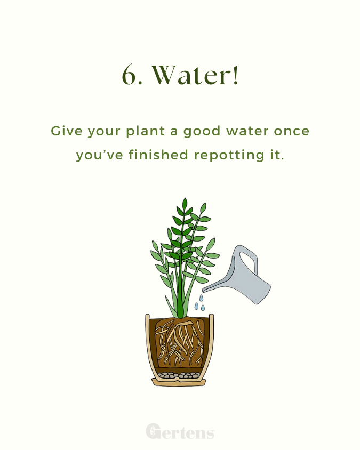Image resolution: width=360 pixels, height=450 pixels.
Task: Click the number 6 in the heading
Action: point(129,75)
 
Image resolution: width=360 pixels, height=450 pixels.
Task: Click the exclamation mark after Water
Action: point(236,75)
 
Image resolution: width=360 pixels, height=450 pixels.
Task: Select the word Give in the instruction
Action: point(67,131)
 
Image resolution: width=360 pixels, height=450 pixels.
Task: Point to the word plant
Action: point(146,132)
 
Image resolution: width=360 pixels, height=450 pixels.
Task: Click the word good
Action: point(202,132)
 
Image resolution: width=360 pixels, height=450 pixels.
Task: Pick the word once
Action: point(291,132)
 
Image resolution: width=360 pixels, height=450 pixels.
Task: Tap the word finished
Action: point(158,155)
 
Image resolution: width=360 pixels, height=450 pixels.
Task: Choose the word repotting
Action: point(229,156)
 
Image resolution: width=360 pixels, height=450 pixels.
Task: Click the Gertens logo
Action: point(180,431)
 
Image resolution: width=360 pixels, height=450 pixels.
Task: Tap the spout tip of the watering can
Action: point(204,291)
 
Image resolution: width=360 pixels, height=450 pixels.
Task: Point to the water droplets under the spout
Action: point(200,303)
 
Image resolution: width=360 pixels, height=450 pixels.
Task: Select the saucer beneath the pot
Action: point(179,382)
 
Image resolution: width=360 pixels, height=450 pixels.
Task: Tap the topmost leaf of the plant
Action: point(185,204)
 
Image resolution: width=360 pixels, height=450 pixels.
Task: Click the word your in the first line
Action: point(104,132)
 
